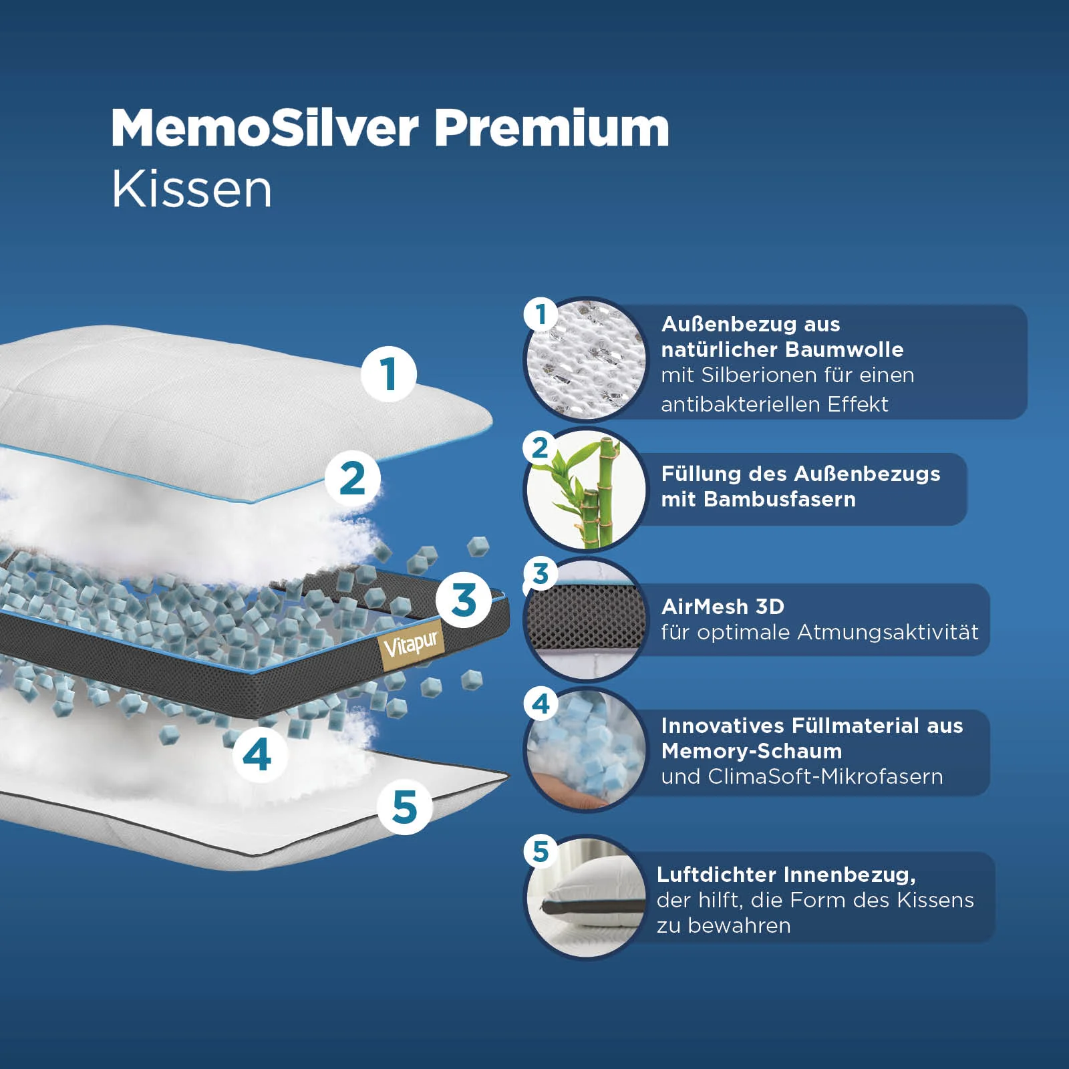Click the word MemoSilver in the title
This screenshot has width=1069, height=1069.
tap(265, 128)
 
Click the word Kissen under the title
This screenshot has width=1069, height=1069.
tap(192, 189)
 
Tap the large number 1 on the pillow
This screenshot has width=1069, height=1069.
tap(389, 373)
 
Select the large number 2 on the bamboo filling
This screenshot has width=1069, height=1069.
tap(353, 479)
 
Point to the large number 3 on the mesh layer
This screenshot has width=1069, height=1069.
tap(464, 599)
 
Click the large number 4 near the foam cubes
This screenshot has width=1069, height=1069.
tap(257, 755)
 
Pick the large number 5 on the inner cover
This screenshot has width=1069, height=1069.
tap(405, 807)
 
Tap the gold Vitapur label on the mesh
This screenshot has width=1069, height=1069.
tap(410, 644)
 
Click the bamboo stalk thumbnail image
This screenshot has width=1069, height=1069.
tap(586, 489)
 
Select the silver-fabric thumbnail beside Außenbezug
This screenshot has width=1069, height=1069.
tap(586, 359)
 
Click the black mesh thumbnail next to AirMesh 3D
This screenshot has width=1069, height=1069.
tap(586, 618)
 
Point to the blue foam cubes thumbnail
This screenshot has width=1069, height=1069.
tap(586, 749)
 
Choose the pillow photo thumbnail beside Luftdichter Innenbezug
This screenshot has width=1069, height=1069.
tap(586, 896)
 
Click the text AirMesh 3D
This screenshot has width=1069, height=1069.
tap(723, 607)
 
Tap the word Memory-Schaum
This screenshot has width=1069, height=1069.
tap(752, 751)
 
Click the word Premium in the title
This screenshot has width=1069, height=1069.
tap(552, 128)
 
